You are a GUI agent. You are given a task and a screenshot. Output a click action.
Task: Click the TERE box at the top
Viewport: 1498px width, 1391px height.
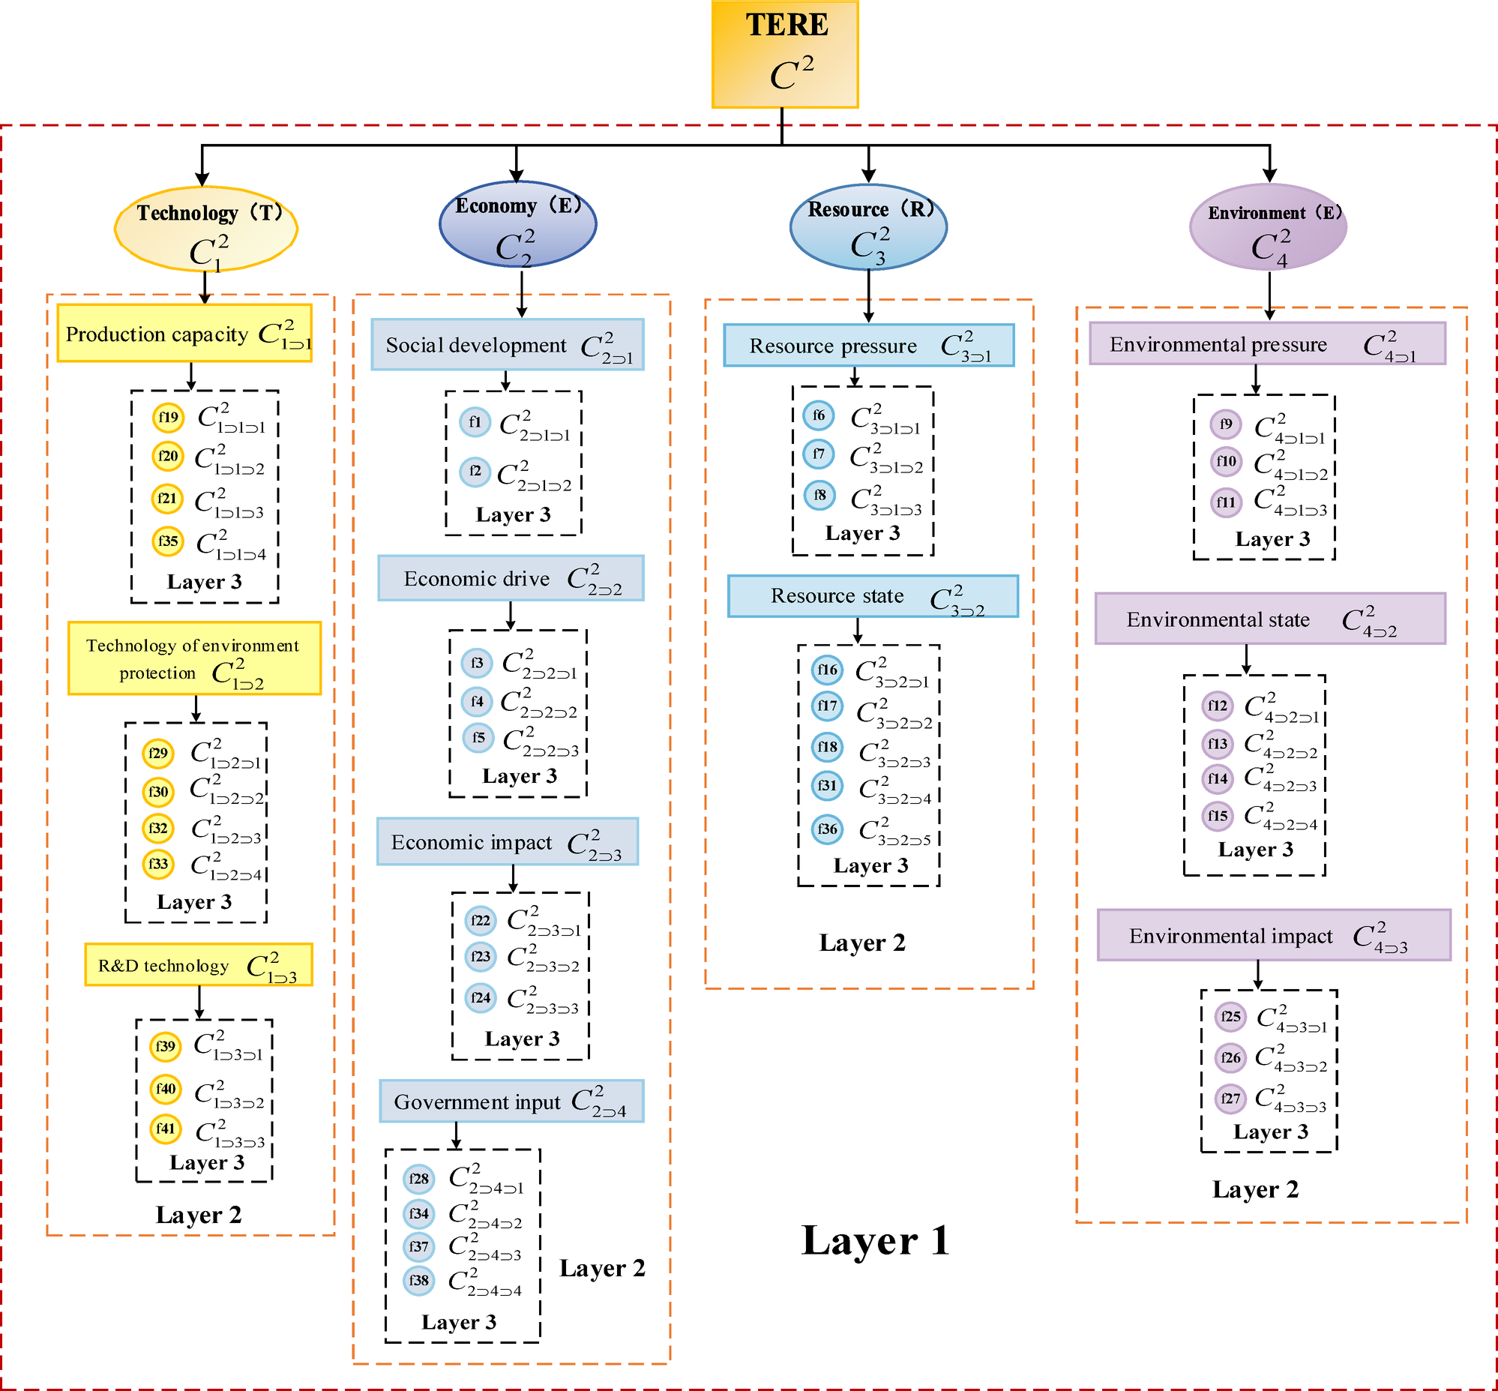pyautogui.click(x=784, y=54)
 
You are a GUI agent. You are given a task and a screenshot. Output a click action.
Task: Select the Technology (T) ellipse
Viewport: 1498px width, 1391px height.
pyautogui.click(x=205, y=229)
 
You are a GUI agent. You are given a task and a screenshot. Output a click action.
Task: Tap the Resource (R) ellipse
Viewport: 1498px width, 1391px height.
pyautogui.click(x=868, y=226)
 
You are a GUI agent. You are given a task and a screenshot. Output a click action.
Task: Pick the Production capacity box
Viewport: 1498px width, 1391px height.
pyautogui.click(x=184, y=334)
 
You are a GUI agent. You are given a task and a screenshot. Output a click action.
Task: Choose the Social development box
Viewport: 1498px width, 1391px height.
pyautogui.click(x=508, y=345)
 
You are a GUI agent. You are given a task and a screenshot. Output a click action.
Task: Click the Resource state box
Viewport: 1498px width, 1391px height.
pyautogui.click(x=873, y=596)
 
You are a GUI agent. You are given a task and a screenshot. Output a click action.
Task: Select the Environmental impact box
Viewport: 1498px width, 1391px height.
pyautogui.click(x=1273, y=935)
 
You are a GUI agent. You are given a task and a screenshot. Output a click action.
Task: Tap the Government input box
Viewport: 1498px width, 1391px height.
pyautogui.click(x=511, y=1102)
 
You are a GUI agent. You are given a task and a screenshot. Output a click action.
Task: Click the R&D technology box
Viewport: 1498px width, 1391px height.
pyautogui.click(x=198, y=964)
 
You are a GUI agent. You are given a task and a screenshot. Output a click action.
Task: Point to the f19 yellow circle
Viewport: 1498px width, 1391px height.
pyautogui.click(x=168, y=417)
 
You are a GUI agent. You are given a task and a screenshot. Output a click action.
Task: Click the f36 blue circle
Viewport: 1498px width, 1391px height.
pyautogui.click(x=827, y=829)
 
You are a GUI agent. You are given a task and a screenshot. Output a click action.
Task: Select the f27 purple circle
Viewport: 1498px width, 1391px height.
pyautogui.click(x=1231, y=1099)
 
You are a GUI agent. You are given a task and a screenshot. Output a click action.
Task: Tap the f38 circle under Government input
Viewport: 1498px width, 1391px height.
pyautogui.click(x=418, y=1279)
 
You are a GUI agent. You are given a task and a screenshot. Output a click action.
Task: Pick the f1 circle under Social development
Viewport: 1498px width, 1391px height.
pyautogui.click(x=475, y=422)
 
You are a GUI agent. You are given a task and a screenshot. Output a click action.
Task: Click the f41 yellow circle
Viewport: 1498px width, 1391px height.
pyautogui.click(x=165, y=1129)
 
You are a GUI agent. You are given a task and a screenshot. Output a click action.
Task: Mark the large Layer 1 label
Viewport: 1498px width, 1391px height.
pyautogui.click(x=875, y=1240)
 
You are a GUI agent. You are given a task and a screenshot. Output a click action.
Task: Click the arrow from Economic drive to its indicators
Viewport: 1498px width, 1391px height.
pyautogui.click(x=511, y=615)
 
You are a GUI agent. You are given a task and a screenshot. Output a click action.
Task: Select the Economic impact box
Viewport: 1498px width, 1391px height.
pyautogui.click(x=508, y=841)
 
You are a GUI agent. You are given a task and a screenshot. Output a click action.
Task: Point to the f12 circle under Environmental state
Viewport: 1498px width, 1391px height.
pyautogui.click(x=1218, y=706)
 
